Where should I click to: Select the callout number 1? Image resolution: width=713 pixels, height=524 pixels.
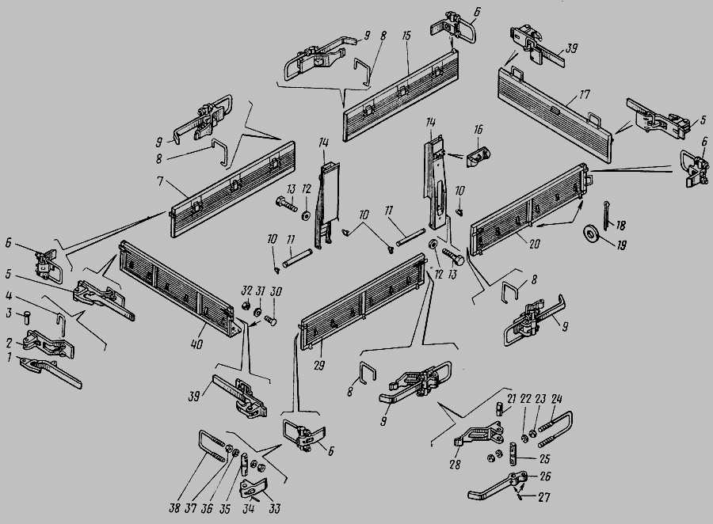click(9, 358)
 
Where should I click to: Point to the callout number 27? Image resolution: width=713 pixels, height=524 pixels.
click(544, 497)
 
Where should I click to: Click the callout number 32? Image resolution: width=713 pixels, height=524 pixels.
click(246, 290)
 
